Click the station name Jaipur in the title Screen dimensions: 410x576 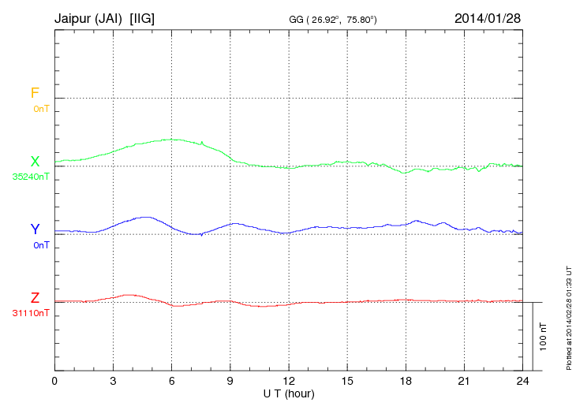pyautogui.click(x=73, y=17)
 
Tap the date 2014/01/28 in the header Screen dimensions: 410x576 pyautogui.click(x=486, y=17)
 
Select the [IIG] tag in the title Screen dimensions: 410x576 pyautogui.click(x=148, y=17)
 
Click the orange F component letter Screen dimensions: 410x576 pyautogui.click(x=35, y=93)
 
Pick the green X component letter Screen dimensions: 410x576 pyautogui.click(x=35, y=162)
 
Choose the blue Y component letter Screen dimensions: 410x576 pyautogui.click(x=35, y=229)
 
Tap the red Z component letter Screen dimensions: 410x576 pyautogui.click(x=35, y=298)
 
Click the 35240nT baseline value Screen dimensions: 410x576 pyautogui.click(x=31, y=177)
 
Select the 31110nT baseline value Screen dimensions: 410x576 pyautogui.click(x=31, y=313)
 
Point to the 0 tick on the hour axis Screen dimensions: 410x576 pyautogui.click(x=54, y=381)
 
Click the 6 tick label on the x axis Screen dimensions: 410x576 pyautogui.click(x=172, y=381)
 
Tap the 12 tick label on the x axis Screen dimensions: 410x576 pyautogui.click(x=289, y=381)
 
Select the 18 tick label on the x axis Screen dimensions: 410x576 pyautogui.click(x=406, y=381)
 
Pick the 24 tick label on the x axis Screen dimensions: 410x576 pyautogui.click(x=522, y=381)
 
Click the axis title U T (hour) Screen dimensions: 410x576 pyautogui.click(x=289, y=393)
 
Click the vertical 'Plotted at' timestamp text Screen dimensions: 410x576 pyautogui.click(x=568, y=315)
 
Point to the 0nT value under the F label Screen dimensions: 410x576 pyautogui.click(x=41, y=108)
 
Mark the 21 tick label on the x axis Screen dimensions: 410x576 pyautogui.click(x=464, y=381)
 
